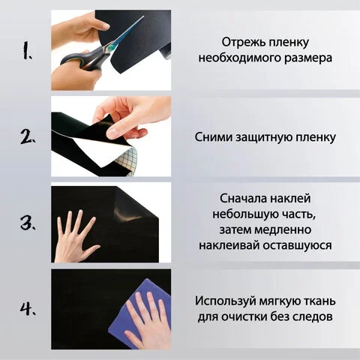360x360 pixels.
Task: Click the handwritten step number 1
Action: tap(27, 50)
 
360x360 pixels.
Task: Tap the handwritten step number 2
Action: tap(28, 136)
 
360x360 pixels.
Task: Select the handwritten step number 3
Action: tap(28, 223)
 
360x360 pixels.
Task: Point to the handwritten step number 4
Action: tap(28, 308)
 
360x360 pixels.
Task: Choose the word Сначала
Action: tap(243, 199)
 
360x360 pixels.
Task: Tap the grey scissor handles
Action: tap(84, 60)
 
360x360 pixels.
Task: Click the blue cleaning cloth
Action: tap(140, 313)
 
